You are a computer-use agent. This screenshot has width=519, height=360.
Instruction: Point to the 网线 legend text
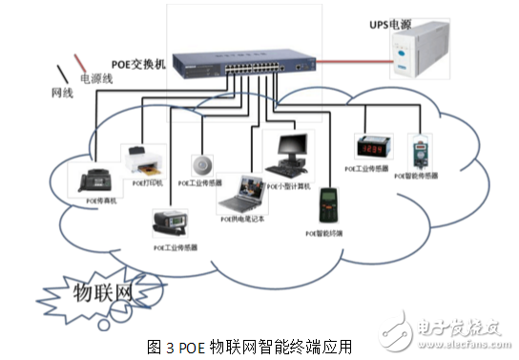tap(62, 94)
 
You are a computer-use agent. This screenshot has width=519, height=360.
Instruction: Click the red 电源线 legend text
tap(96, 79)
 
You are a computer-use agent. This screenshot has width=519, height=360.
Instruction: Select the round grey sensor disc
tap(204, 161)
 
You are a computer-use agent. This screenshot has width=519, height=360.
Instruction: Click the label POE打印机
tap(148, 181)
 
